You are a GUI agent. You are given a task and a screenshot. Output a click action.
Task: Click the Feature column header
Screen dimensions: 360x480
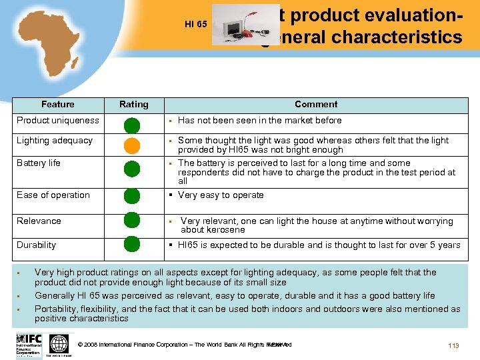58,105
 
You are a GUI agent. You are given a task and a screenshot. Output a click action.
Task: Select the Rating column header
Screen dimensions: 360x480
133,105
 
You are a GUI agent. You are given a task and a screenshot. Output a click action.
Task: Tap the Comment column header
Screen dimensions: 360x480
316,105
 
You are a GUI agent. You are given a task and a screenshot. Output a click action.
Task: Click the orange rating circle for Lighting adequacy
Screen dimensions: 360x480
132,145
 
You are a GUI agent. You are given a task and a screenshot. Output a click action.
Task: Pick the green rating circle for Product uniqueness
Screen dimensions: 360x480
132,125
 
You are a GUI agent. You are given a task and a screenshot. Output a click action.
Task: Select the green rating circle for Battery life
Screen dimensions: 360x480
132,168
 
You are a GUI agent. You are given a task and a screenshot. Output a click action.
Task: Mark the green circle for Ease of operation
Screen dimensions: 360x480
132,196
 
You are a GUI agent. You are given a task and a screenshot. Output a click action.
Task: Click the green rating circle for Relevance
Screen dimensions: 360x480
132,220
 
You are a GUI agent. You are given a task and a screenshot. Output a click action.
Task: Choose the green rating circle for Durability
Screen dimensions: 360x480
132,244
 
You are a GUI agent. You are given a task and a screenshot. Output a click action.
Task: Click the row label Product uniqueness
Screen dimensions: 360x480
58,121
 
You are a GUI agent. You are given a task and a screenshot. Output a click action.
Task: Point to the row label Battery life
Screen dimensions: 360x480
39,163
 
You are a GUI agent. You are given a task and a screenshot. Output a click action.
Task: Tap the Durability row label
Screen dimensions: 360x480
37,245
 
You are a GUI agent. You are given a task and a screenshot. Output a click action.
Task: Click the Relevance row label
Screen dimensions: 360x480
39,221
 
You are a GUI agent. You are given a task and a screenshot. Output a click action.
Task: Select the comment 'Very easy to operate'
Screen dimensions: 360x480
221,195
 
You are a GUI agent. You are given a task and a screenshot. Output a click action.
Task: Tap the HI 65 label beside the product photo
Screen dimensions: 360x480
196,25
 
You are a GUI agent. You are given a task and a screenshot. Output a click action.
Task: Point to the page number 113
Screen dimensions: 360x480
454,345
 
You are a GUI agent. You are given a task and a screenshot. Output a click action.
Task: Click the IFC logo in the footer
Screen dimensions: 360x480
29,344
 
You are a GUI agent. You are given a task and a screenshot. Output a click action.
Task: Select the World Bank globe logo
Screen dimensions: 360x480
59,344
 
